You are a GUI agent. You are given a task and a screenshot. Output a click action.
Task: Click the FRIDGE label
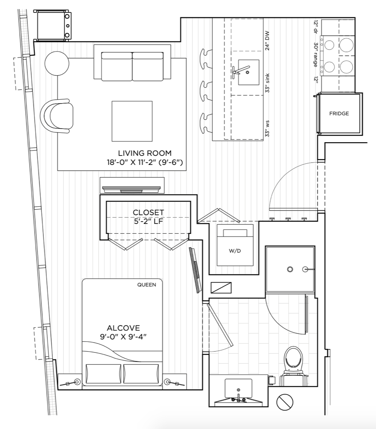[x=339, y=114]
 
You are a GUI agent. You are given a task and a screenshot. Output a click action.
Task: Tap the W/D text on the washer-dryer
[x=235, y=250]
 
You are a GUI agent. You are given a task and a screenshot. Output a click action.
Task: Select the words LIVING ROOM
[x=145, y=153]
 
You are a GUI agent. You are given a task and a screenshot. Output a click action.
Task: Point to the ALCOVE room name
[x=123, y=328]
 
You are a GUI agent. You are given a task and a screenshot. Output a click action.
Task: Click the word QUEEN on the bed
[x=147, y=285]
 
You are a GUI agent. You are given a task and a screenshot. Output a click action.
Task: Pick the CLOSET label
[x=148, y=212]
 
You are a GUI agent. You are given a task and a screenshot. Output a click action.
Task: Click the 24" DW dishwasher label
[x=268, y=41]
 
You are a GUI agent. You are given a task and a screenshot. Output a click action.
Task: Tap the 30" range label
[x=316, y=55]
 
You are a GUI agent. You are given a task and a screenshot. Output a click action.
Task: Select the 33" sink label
[x=268, y=83]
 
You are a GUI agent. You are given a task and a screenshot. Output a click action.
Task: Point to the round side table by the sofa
[x=57, y=63]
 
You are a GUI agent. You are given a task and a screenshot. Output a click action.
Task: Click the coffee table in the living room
[x=132, y=121]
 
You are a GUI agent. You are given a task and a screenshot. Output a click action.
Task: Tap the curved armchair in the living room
[x=57, y=116]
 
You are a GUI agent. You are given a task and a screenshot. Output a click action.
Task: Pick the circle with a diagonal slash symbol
[x=285, y=402]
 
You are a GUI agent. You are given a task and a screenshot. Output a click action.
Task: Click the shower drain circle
[x=290, y=269]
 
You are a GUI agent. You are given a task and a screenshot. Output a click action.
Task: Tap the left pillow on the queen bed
[x=104, y=374]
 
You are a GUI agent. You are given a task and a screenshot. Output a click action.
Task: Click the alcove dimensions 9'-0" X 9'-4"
[x=123, y=336]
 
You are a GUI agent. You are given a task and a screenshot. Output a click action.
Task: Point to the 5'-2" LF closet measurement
[x=148, y=221]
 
